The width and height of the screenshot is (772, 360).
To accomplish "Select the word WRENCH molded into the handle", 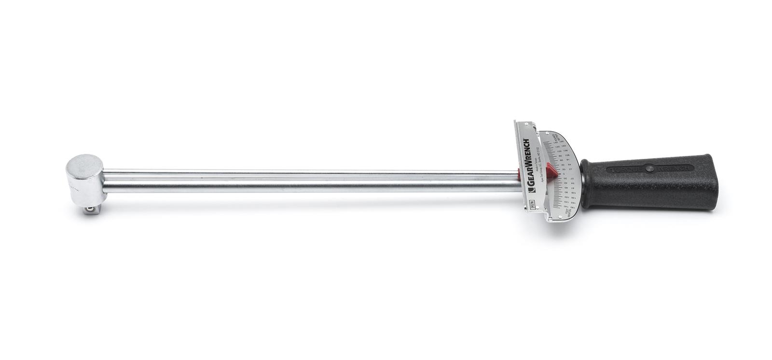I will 674,168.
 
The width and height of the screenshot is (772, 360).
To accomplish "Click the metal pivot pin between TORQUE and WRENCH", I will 649,168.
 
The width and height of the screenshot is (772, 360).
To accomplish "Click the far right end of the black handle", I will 716,181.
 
